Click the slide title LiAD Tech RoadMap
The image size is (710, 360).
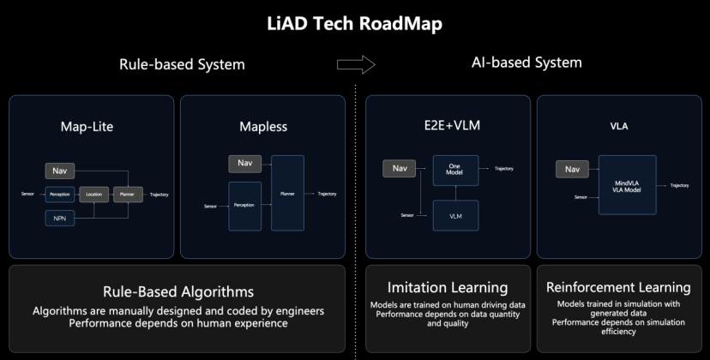pyautogui.click(x=354, y=25)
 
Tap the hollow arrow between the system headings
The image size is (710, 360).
pyautogui.click(x=356, y=64)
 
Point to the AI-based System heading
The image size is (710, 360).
pyautogui.click(x=526, y=63)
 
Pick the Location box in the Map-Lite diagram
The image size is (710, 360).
pyautogui.click(x=93, y=195)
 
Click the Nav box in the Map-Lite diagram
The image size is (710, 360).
pyautogui.click(x=59, y=171)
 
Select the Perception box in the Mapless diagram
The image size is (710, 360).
pyautogui.click(x=244, y=205)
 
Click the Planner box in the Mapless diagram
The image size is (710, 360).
pyautogui.click(x=287, y=194)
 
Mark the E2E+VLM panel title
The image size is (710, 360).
pyautogui.click(x=448, y=127)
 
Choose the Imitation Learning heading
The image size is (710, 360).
pyautogui.click(x=448, y=287)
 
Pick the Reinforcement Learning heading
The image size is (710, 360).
pyautogui.click(x=618, y=287)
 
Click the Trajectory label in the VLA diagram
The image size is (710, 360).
pyautogui.click(x=679, y=185)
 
